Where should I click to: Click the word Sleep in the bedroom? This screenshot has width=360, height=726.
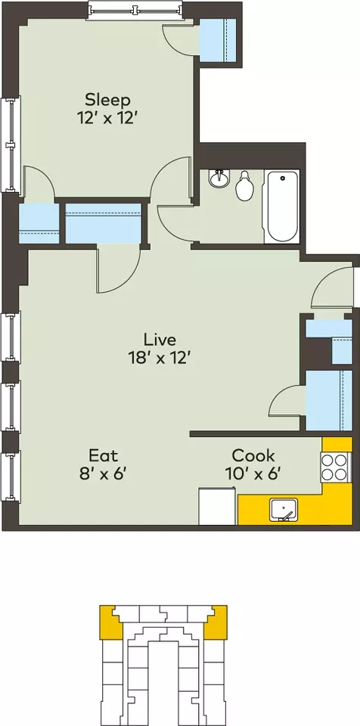click(x=107, y=101)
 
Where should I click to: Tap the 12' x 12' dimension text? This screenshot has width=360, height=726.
click(x=107, y=118)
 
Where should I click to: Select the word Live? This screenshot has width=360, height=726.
click(x=160, y=340)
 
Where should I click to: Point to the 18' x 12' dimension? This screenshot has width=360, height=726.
click(x=160, y=358)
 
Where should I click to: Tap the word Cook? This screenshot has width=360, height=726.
click(x=253, y=455)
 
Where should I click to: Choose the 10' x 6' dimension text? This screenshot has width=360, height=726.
click(x=253, y=473)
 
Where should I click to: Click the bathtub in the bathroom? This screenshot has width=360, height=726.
click(x=281, y=206)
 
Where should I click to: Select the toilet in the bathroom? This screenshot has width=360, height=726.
click(x=244, y=186)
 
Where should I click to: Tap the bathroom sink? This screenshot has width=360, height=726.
click(x=219, y=178)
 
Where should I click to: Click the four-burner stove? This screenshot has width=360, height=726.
click(x=334, y=467)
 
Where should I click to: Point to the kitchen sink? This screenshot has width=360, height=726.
click(x=284, y=510)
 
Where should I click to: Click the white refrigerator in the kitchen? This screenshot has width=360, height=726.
click(x=217, y=506)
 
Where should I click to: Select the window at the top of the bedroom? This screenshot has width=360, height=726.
click(x=135, y=10)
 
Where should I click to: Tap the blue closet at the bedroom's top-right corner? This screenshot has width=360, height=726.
click(x=218, y=40)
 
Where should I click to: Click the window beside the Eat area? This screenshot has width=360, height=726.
click(x=10, y=476)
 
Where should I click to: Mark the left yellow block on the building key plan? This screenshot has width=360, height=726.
click(x=110, y=622)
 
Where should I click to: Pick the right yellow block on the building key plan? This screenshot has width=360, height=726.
click(x=216, y=622)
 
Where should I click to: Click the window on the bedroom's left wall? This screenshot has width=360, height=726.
click(x=10, y=145)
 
